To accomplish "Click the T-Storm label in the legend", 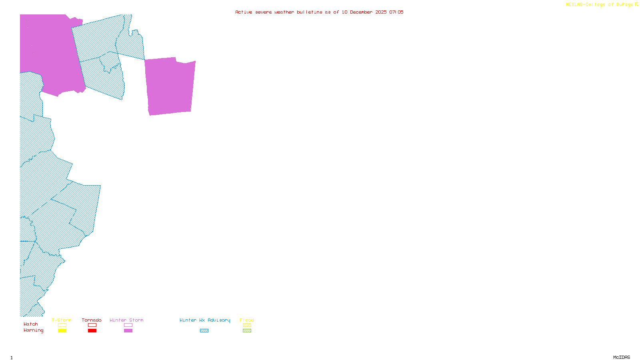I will pyautogui.click(x=62, y=320).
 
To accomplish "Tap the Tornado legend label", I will pyautogui.click(x=92, y=320).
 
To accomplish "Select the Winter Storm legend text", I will pyautogui.click(x=126, y=320).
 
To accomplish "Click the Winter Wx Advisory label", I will pyautogui.click(x=205, y=320).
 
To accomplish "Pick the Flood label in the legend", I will pyautogui.click(x=247, y=320).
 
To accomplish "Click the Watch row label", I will pyautogui.click(x=31, y=324).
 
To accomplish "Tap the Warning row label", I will pyautogui.click(x=34, y=330).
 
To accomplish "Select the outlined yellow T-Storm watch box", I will pyautogui.click(x=62, y=325).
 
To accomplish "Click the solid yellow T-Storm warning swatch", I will pyautogui.click(x=62, y=331).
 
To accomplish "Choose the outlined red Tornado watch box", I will pyautogui.click(x=92, y=325).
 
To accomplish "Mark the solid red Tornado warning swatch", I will pyautogui.click(x=92, y=331).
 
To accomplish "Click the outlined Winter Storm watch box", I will pyautogui.click(x=128, y=325).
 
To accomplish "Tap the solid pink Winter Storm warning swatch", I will pyautogui.click(x=128, y=331).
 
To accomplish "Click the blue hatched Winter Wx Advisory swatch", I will pyautogui.click(x=204, y=331).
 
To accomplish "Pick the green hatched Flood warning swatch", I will pyautogui.click(x=247, y=331).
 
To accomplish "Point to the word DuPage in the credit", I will pyautogui.click(x=624, y=5).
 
